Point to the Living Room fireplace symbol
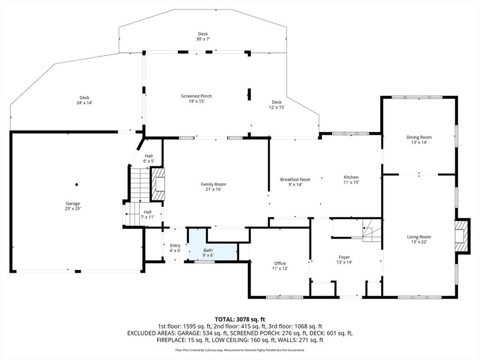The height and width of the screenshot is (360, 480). [x=462, y=236]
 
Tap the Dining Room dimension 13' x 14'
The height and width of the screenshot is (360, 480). [x=419, y=142]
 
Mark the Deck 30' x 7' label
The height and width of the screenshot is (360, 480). [x=202, y=37]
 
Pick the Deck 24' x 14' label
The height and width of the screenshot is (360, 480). [x=84, y=100]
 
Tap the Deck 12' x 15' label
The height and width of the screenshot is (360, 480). [x=277, y=105]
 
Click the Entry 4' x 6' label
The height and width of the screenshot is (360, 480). [x=175, y=248]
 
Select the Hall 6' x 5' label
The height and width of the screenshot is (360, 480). [x=149, y=158]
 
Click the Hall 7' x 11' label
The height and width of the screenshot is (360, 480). [x=147, y=214]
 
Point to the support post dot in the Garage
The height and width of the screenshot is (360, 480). [x=77, y=184]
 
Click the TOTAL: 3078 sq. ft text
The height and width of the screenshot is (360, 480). [x=240, y=319]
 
